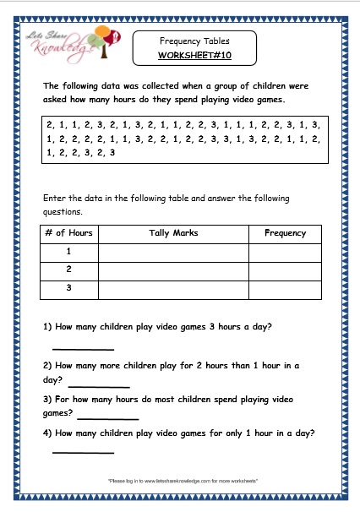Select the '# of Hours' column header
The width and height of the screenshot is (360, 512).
pos(69,233)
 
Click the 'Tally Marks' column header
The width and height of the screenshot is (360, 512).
pos(173,233)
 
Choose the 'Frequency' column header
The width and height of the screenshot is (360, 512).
pos(285,233)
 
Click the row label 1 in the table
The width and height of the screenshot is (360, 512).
pos(69,252)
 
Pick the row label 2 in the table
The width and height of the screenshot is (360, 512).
pos(69,270)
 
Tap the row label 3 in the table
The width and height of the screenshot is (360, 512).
pos(69,289)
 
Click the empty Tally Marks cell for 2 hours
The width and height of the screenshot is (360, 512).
pos(173,270)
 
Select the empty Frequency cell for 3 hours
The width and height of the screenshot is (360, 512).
pos(285,289)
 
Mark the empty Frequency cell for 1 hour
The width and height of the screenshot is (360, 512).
pos(285,252)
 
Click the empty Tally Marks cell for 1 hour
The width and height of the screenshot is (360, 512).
pos(173,252)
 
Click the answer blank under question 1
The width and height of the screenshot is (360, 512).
pos(83,346)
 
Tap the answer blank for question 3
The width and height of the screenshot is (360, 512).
pos(107,417)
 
